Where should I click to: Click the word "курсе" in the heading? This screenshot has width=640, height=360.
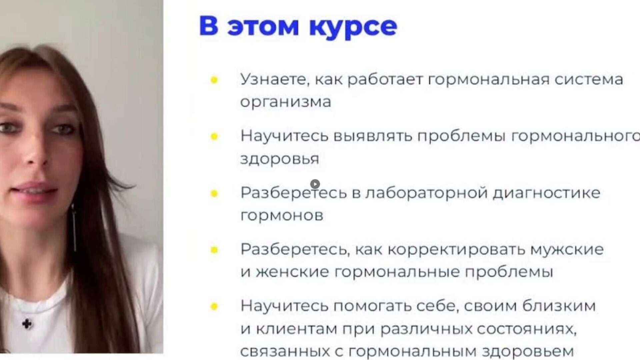pyautogui.click(x=353, y=26)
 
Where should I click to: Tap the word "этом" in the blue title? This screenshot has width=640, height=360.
pyautogui.click(x=263, y=27)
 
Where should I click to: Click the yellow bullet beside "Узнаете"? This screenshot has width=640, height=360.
pyautogui.click(x=214, y=80)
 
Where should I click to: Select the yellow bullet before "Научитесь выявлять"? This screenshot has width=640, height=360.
pyautogui.click(x=214, y=136)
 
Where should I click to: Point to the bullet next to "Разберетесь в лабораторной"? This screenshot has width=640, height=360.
pyautogui.click(x=214, y=193)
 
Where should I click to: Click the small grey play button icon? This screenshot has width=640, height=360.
pyautogui.click(x=315, y=184)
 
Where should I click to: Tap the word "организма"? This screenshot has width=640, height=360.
pyautogui.click(x=286, y=102)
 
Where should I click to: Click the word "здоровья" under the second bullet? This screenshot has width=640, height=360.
pyautogui.click(x=280, y=159)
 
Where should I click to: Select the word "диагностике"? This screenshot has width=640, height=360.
pyautogui.click(x=547, y=193)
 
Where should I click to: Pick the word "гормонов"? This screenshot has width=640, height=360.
pyautogui.click(x=282, y=215)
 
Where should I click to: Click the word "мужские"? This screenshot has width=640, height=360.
pyautogui.click(x=567, y=250)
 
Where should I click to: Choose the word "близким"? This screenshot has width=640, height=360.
pyautogui.click(x=559, y=306)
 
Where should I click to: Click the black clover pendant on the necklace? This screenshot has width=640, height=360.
pyautogui.click(x=27, y=323)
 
